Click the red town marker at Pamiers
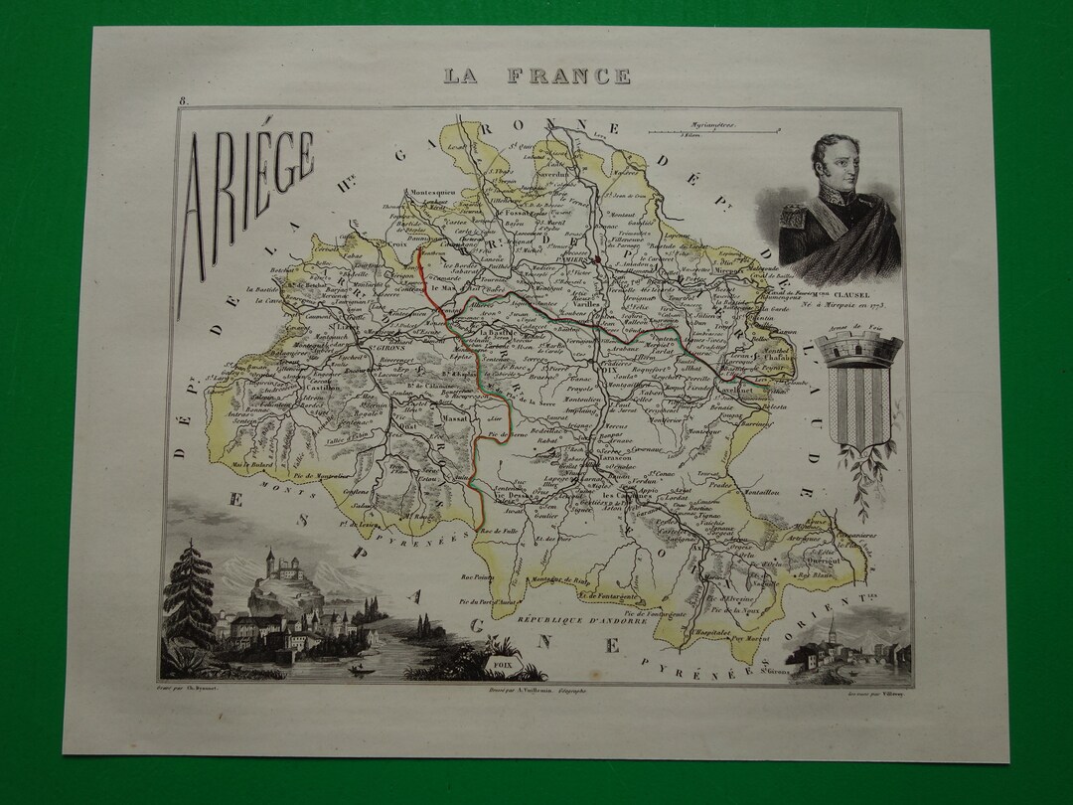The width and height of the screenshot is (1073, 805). (x=596, y=261)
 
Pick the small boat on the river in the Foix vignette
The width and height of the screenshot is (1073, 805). (x=354, y=671)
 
